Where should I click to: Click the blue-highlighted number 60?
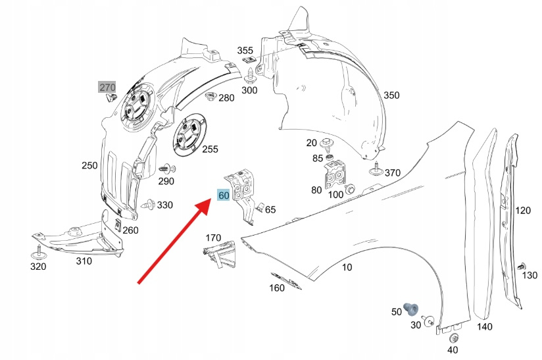tap(224, 195)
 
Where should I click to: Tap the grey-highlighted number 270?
tap(107, 87)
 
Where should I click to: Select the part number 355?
tap(245, 51)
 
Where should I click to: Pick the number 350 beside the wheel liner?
tap(391, 95)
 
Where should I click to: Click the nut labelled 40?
tap(453, 338)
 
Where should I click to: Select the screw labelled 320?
tap(38, 251)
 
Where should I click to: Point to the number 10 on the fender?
tap(347, 267)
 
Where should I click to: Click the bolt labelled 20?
tap(328, 143)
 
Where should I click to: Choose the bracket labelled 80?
tap(335, 177)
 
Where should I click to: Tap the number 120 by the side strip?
tap(523, 211)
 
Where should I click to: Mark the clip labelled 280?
tap(211, 97)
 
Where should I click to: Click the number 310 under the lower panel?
tap(84, 261)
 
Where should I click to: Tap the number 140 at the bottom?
tap(485, 327)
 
